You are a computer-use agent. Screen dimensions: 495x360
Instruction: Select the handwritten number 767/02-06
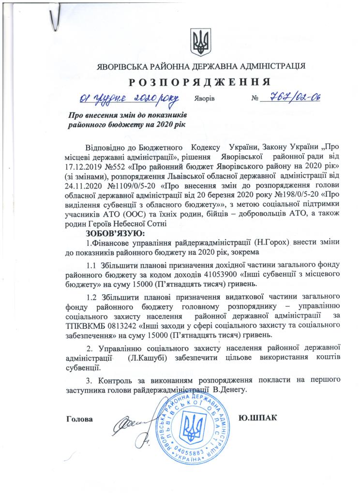click(x=291, y=98)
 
